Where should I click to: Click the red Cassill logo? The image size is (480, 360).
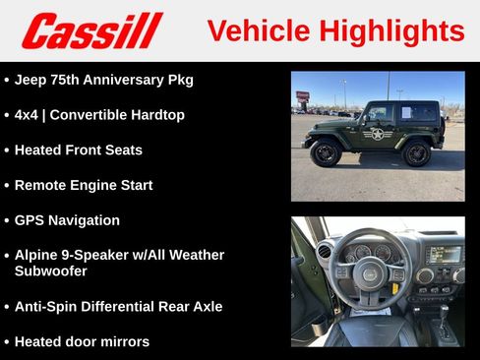coord(91,30)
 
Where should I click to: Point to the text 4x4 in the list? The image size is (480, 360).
coord(26,114)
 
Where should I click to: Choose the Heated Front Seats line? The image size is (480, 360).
coord(78,150)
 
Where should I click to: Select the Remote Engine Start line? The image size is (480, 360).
coord(84,185)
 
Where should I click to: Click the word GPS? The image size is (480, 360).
coord(30,220)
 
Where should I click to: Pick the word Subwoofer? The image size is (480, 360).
coord(50,270)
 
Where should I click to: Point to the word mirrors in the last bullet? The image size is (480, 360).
coord(123,341)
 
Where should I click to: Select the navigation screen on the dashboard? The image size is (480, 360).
coord(443,254)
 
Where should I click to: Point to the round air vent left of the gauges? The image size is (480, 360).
coord(324,252)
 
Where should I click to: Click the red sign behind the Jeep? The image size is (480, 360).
coord(303,96)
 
